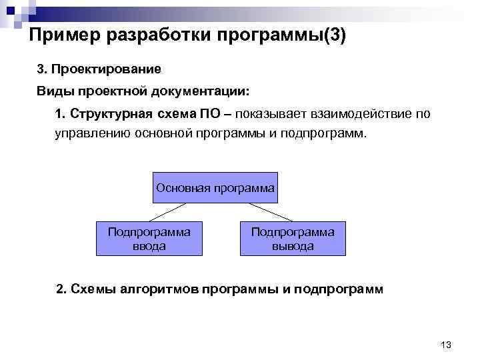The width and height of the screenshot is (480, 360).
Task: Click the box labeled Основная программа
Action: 215,188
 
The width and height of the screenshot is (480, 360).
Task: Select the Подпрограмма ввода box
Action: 149,239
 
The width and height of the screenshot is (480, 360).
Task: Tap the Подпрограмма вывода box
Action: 293,239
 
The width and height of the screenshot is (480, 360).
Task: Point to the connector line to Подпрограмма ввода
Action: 171,211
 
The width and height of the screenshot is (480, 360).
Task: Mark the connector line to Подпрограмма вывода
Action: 266,211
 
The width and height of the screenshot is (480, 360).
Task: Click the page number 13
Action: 446,344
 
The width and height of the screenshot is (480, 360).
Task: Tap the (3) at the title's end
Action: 334,35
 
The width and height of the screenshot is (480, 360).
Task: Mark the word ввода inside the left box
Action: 149,246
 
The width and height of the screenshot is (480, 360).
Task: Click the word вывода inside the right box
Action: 293,246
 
